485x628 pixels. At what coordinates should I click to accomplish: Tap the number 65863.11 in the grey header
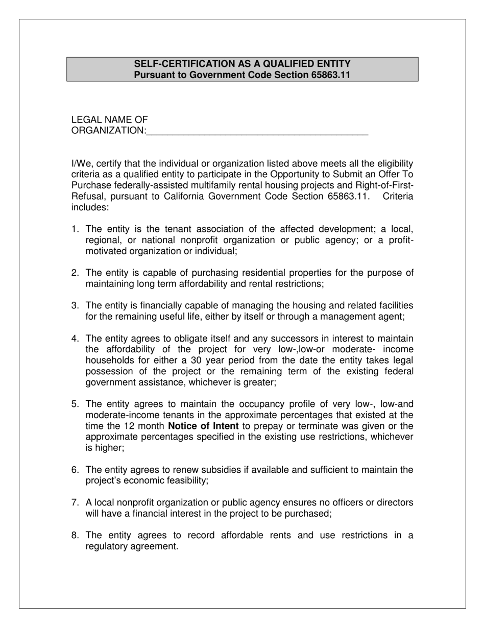tap(331, 75)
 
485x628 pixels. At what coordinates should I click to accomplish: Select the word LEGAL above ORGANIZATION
tap(87, 120)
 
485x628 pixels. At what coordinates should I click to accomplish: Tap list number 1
tap(75, 229)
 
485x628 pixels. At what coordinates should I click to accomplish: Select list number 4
tap(75, 339)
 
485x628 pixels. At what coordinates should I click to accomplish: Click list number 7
tap(75, 502)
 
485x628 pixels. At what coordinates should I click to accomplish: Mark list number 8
tap(75, 535)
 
